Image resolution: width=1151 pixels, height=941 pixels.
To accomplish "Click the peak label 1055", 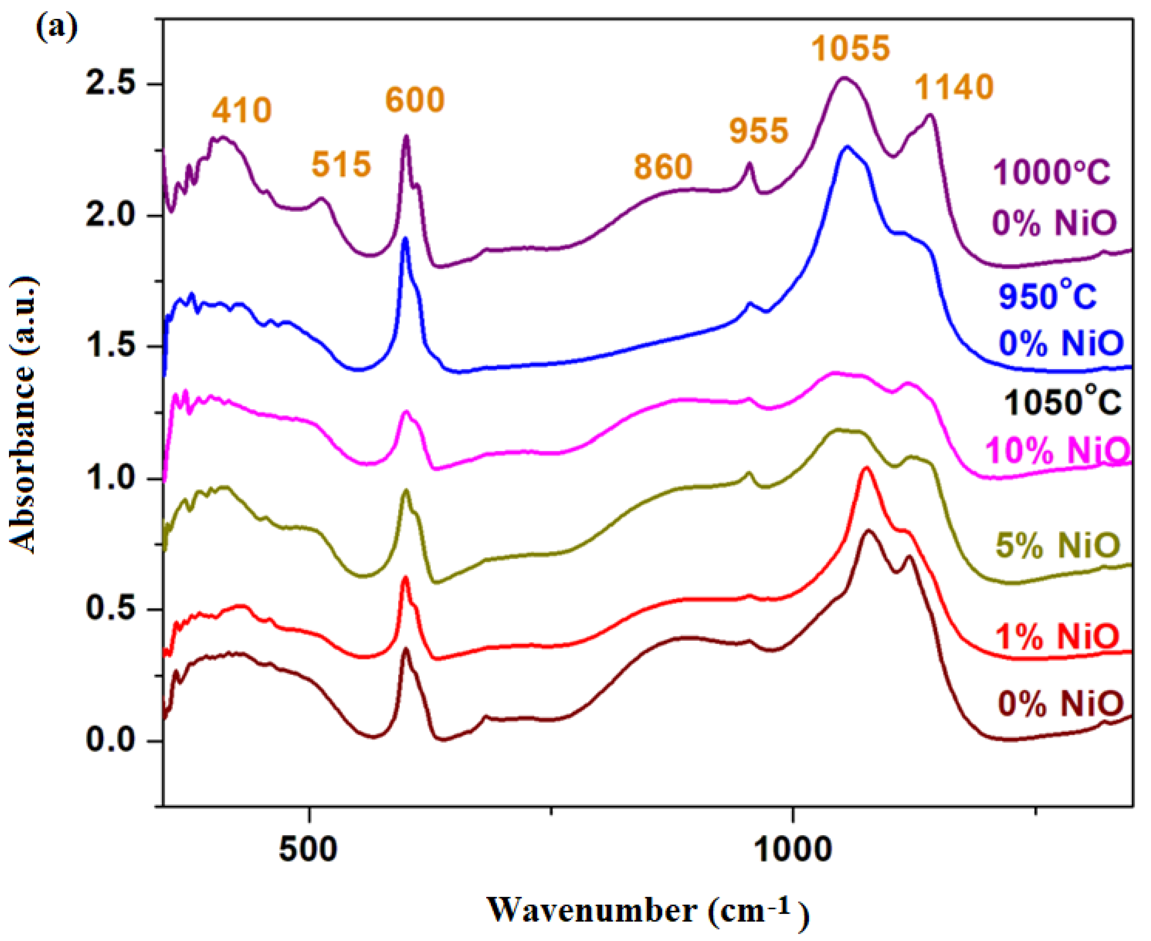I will (x=850, y=49).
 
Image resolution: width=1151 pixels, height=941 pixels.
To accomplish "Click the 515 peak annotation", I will (x=341, y=164).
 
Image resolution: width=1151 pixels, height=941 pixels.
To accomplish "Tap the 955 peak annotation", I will (x=759, y=131).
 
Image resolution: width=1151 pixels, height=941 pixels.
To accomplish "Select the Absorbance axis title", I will (x=23, y=415).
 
